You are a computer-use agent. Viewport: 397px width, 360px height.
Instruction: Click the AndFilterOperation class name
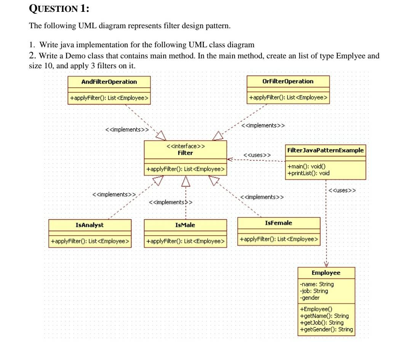pyautogui.click(x=109, y=82)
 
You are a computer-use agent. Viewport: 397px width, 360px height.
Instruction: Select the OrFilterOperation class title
pyautogui.click(x=288, y=81)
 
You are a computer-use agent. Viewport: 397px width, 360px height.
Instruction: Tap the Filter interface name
pyautogui.click(x=186, y=153)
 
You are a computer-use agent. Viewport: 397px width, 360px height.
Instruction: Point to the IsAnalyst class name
pyautogui.click(x=90, y=225)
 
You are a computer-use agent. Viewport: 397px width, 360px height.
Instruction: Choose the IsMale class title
pyautogui.click(x=185, y=225)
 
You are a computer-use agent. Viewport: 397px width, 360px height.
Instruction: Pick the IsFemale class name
pyautogui.click(x=279, y=223)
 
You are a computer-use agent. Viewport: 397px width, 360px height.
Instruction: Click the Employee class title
pyautogui.click(x=326, y=273)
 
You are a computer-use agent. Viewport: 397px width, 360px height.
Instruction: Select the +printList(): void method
pyautogui.click(x=309, y=173)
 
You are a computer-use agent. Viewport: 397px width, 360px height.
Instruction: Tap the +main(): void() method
pyautogui.click(x=306, y=167)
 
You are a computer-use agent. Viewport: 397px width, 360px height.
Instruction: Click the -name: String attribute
pyautogui.click(x=317, y=284)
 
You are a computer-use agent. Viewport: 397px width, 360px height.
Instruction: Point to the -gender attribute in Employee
pyautogui.click(x=310, y=297)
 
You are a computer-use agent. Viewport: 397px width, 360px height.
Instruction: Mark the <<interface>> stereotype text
pyautogui.click(x=186, y=146)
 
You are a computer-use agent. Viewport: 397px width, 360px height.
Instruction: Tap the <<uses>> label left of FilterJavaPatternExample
pyautogui.click(x=257, y=155)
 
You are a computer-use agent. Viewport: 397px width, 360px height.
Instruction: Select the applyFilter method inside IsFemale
pyautogui.click(x=279, y=239)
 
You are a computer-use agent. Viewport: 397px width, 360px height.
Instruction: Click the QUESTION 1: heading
pyautogui.click(x=59, y=9)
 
